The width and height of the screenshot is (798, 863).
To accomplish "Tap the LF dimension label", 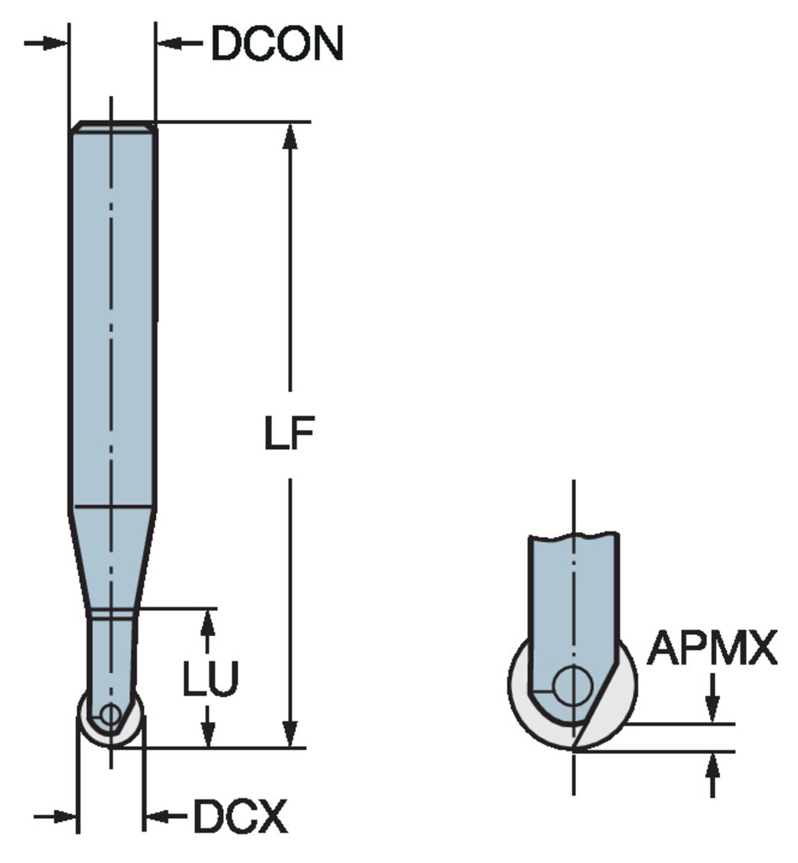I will click(289, 433).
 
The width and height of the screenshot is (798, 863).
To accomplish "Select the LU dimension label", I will click(210, 678).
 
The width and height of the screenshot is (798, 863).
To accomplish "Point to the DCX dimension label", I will click(240, 816).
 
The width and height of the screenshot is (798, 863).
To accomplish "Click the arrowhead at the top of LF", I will click(291, 137).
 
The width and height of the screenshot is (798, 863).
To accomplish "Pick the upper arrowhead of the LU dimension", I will click(208, 623).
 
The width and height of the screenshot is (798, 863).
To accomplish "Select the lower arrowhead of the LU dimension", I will click(208, 734).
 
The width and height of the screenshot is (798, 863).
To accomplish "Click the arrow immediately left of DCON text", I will click(172, 43).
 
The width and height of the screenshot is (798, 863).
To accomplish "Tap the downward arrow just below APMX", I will click(713, 707).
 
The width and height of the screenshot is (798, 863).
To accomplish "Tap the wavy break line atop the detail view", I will click(574, 537).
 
